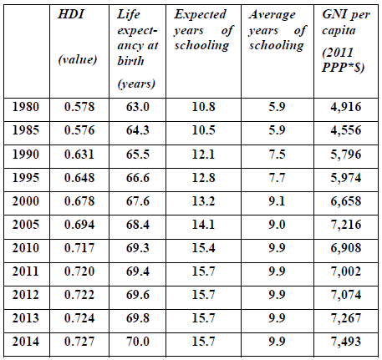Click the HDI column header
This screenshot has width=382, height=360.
[x=71, y=14]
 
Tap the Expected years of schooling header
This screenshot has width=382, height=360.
[x=204, y=30]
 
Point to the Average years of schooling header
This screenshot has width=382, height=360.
[x=278, y=30]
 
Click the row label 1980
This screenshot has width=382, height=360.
[x=26, y=107]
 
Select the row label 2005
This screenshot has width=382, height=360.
[x=26, y=225]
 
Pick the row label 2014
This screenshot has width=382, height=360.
[x=26, y=342]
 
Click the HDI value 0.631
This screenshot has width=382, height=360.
[x=79, y=155]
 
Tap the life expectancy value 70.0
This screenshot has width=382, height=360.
[x=138, y=342]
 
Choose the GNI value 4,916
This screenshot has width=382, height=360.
[x=346, y=107]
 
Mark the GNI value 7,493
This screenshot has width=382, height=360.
[x=346, y=342]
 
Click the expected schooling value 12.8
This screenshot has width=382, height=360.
[x=203, y=178]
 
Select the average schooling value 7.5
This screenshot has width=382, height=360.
[x=277, y=155]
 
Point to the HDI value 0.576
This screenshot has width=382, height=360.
[x=79, y=130]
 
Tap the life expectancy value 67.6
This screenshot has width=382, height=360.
[x=138, y=201]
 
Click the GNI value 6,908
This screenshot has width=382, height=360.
[x=346, y=248]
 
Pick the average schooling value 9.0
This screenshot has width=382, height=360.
[x=277, y=225]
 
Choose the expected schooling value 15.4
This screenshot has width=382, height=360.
[x=203, y=248]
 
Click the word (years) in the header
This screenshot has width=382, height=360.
[x=136, y=84]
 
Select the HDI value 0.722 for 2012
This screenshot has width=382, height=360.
[x=79, y=295]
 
